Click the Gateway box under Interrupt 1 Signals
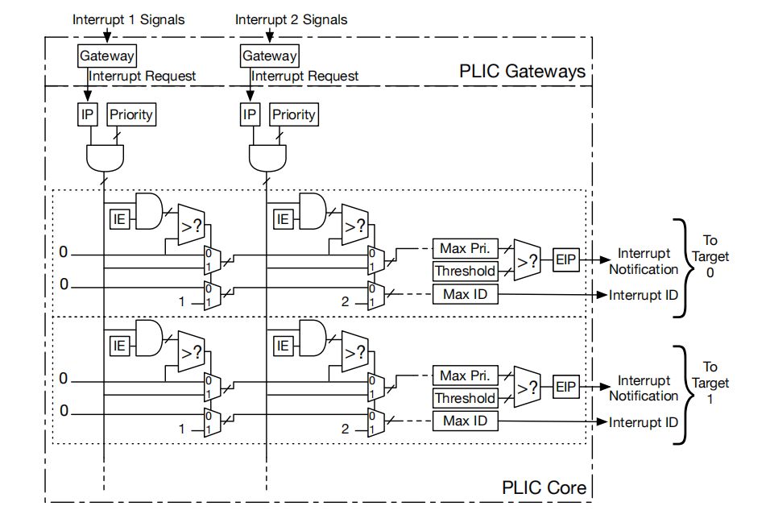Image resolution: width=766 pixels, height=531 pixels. point(106,56)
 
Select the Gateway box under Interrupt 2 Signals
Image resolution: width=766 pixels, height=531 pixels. point(269,56)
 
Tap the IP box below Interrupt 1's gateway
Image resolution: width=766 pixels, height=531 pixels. point(88,114)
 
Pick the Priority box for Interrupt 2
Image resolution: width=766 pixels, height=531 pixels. point(294,114)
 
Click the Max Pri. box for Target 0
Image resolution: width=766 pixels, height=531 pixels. point(465,249)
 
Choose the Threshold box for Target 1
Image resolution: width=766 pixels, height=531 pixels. point(465,398)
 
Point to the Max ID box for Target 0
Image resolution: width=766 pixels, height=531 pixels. point(465,294)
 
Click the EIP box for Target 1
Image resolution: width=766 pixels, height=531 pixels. point(565,387)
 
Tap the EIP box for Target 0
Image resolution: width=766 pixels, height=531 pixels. point(565,260)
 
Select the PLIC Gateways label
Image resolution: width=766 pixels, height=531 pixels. point(522,72)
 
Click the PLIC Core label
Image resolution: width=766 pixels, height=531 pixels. point(544,487)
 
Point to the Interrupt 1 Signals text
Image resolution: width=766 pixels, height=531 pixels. point(129,19)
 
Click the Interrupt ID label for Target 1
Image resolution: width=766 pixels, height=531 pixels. point(644,422)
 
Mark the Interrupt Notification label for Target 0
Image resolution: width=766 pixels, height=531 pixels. point(644,261)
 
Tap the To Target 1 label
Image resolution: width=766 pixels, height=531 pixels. point(710,383)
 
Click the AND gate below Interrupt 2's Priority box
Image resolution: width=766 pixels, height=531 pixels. point(267,158)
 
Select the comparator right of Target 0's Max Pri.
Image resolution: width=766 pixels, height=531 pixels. point(527,260)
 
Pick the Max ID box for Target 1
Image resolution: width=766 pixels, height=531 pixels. point(465,421)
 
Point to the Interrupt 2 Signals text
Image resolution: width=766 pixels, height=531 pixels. point(291,19)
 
